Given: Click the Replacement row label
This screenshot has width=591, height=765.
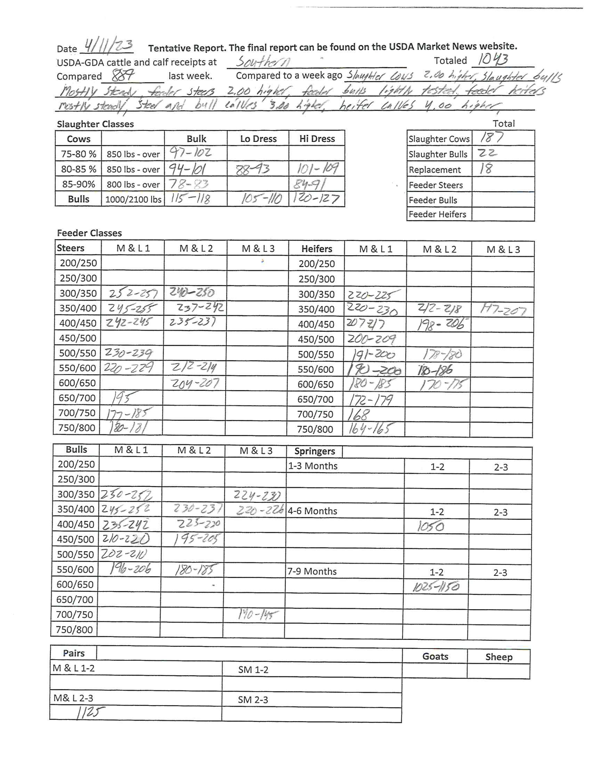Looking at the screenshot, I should tap(435, 170).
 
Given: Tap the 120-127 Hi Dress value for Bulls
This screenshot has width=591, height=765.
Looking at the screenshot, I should tap(316, 199).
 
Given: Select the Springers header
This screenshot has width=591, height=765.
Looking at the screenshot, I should tap(315, 451).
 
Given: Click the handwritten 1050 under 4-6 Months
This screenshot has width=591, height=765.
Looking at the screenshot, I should tap(430, 526).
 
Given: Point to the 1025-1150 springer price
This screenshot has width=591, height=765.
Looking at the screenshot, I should tap(436, 587).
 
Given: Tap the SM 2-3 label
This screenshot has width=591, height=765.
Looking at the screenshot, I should tap(253, 700).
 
